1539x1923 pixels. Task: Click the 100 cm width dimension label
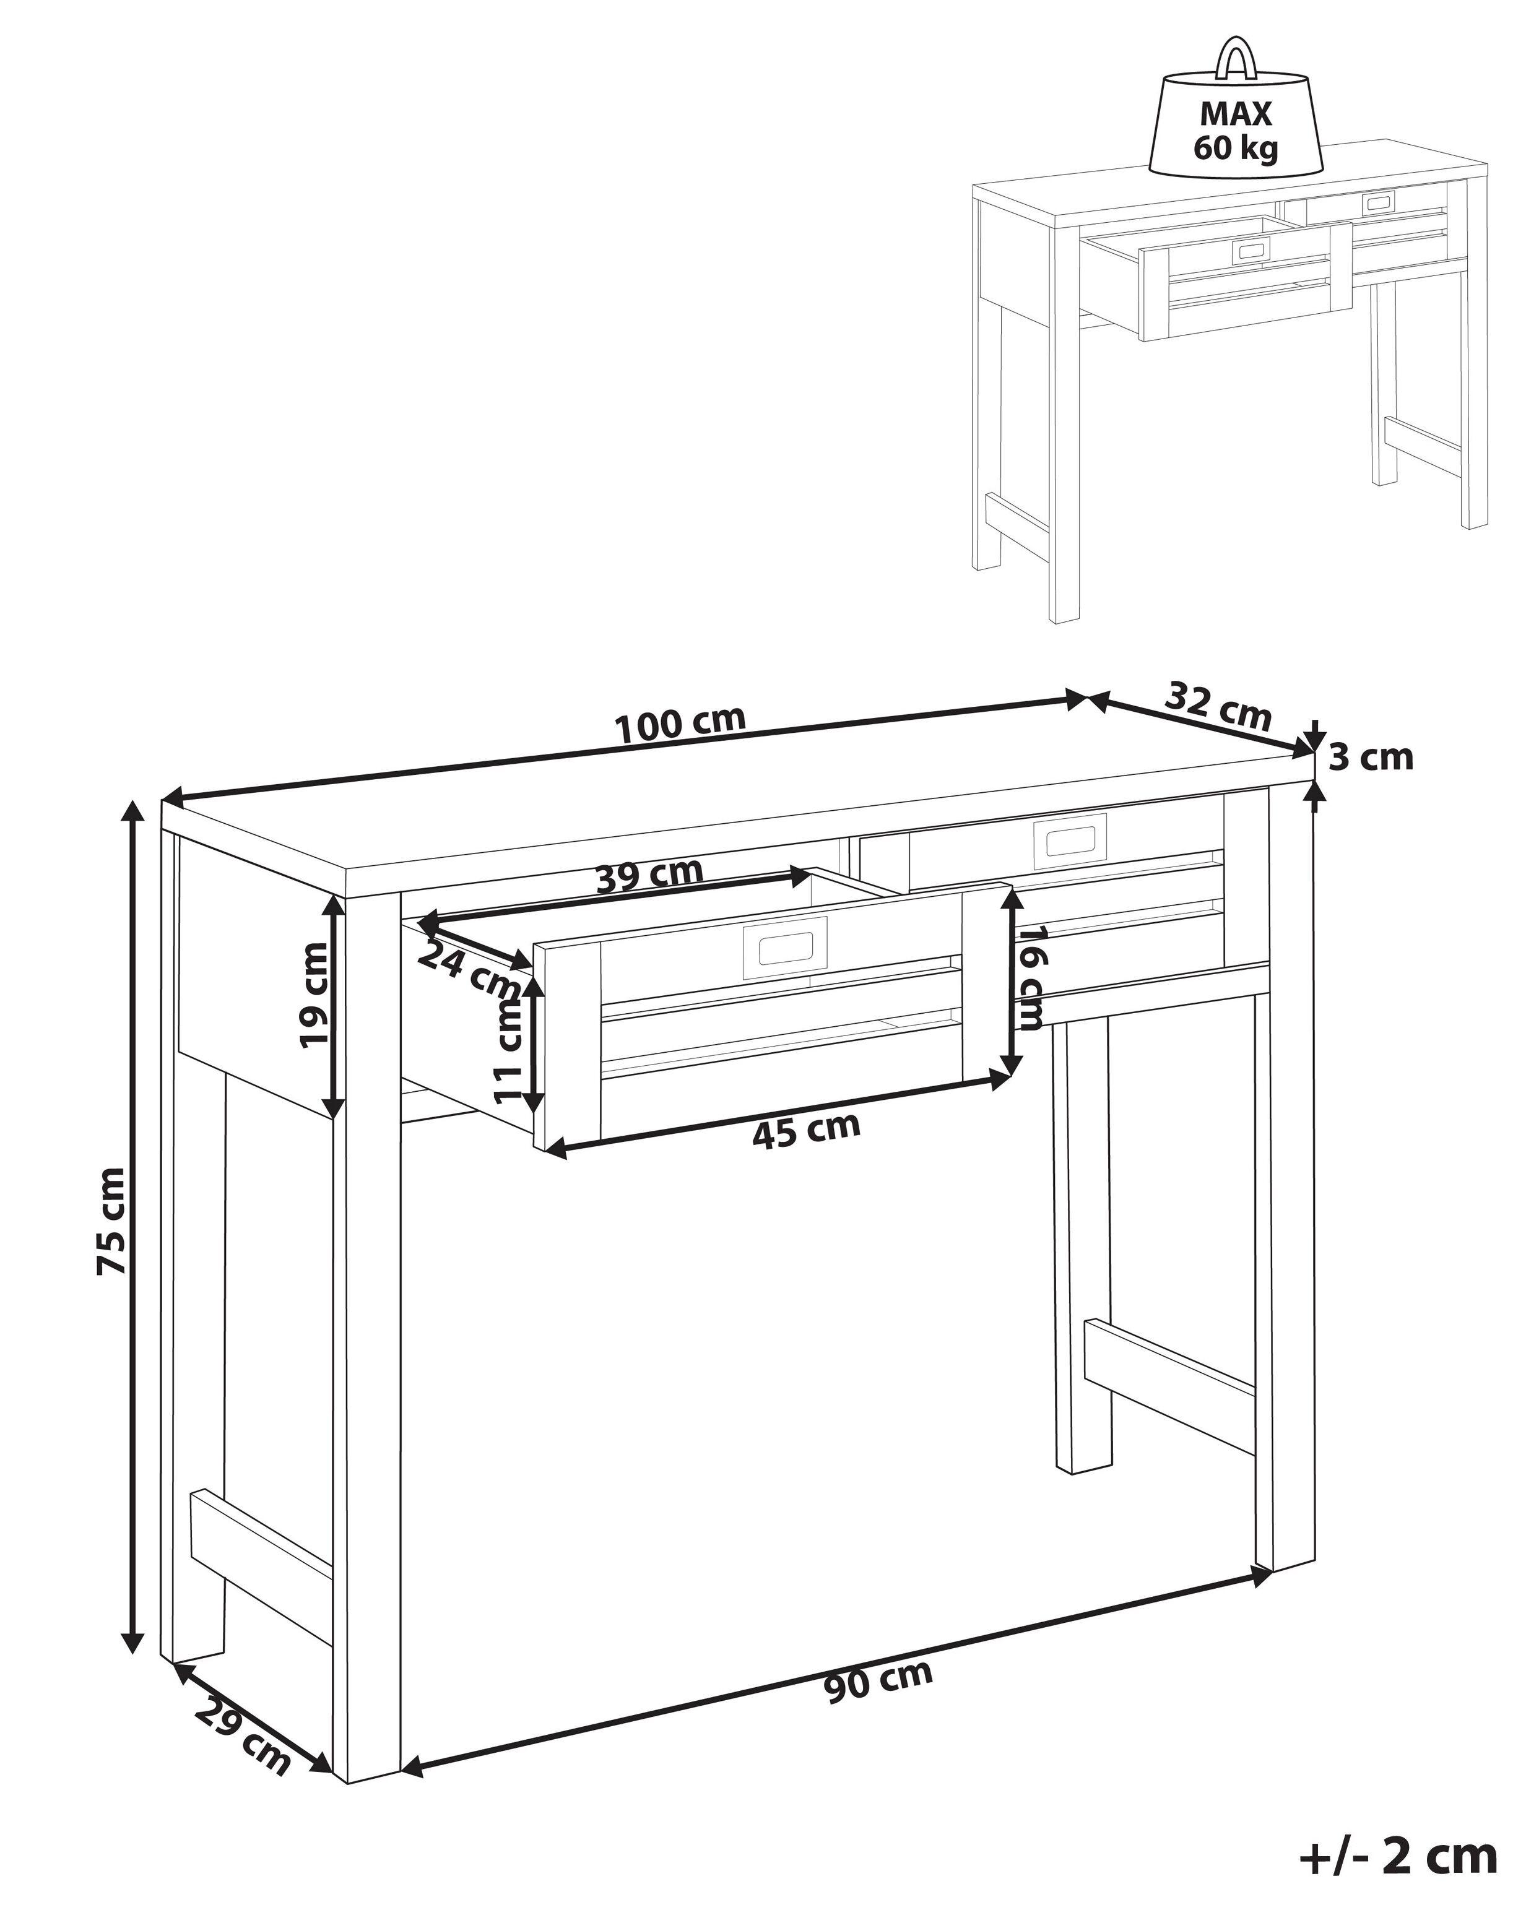pos(681,725)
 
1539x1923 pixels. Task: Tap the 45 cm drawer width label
pos(807,1131)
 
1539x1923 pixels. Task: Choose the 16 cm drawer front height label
pos(1031,977)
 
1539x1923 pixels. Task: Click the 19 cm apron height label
pos(313,995)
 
